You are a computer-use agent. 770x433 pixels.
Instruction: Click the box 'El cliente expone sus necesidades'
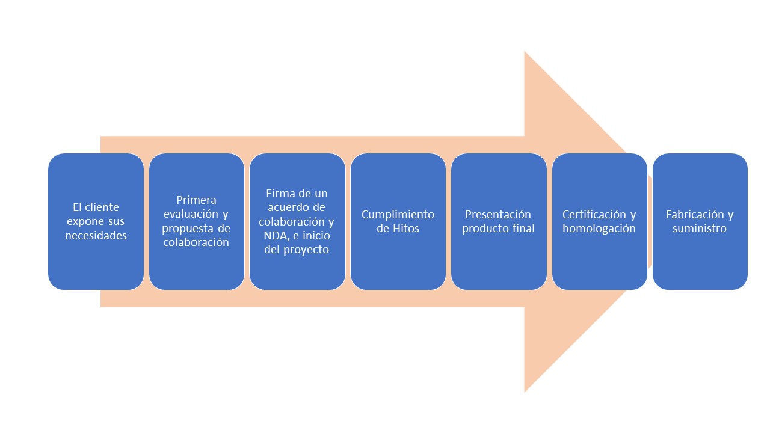coord(96,222)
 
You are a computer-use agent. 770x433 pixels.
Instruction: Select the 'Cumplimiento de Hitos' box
coord(398,222)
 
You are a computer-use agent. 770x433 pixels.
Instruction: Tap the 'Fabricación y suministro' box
coord(700,222)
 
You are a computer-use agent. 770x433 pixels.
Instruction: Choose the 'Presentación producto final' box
coord(499,222)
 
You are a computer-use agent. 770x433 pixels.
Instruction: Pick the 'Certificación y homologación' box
coord(600,222)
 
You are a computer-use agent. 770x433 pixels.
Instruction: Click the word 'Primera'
coord(196,200)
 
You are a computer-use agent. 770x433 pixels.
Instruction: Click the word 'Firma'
coord(280,194)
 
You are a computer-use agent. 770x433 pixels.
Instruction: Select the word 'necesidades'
coord(96,236)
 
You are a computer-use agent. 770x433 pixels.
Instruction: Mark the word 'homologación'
coord(599,229)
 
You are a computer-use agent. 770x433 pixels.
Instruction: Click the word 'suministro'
coord(700,229)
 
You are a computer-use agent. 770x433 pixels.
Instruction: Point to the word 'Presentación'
coord(498,215)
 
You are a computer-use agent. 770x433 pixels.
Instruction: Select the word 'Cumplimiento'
coord(398,215)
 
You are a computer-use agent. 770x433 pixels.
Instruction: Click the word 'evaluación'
coord(191,214)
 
